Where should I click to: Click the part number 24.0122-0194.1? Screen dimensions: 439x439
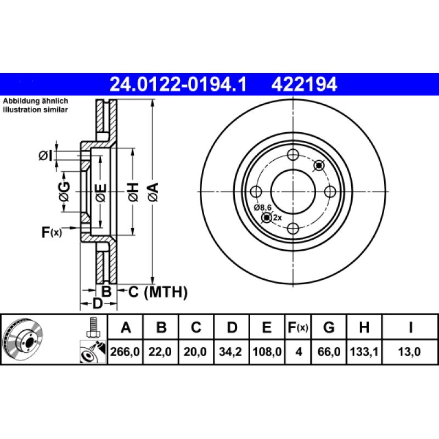(179, 84)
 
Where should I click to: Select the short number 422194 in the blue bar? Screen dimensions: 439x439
(303, 84)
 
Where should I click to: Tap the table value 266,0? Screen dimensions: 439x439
(126, 353)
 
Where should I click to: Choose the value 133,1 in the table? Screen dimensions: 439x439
(364, 353)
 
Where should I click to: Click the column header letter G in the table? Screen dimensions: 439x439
(329, 328)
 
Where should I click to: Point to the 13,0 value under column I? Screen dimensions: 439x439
(410, 353)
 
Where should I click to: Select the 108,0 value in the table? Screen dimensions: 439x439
(266, 353)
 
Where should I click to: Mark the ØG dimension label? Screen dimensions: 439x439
(65, 192)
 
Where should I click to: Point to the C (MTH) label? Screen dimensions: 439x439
(158, 292)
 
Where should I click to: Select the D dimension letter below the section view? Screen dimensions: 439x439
(97, 303)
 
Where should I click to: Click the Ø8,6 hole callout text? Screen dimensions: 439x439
(263, 207)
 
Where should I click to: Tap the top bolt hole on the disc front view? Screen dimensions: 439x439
(293, 155)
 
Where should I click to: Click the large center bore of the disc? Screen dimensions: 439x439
(293, 192)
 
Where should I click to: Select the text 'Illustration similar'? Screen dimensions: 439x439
(36, 110)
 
